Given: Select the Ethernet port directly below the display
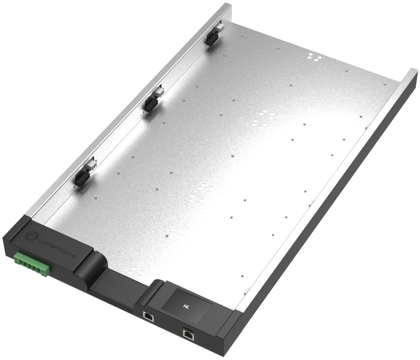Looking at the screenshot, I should (x=148, y=316).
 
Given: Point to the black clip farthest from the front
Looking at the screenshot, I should (x=212, y=37).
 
